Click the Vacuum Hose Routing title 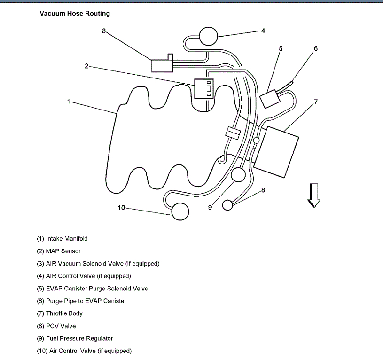pyautogui.click(x=75, y=14)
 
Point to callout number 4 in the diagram pyautogui.click(x=263, y=31)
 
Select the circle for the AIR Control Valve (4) pyautogui.click(x=209, y=36)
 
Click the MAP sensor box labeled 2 pyautogui.click(x=204, y=89)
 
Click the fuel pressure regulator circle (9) pyautogui.click(x=238, y=175)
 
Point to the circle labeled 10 pyautogui.click(x=180, y=212)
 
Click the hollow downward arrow pyautogui.click(x=313, y=195)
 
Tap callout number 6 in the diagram pyautogui.click(x=315, y=48)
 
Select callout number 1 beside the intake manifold pyautogui.click(x=69, y=101)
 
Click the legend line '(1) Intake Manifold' pyautogui.click(x=62, y=239)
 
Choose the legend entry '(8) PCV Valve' pyautogui.click(x=56, y=326)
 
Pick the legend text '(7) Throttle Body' pyautogui.click(x=60, y=313)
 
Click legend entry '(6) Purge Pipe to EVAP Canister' pyautogui.click(x=81, y=301)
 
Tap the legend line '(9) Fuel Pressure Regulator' pyautogui.click(x=75, y=338)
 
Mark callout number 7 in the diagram pyautogui.click(x=316, y=102)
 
